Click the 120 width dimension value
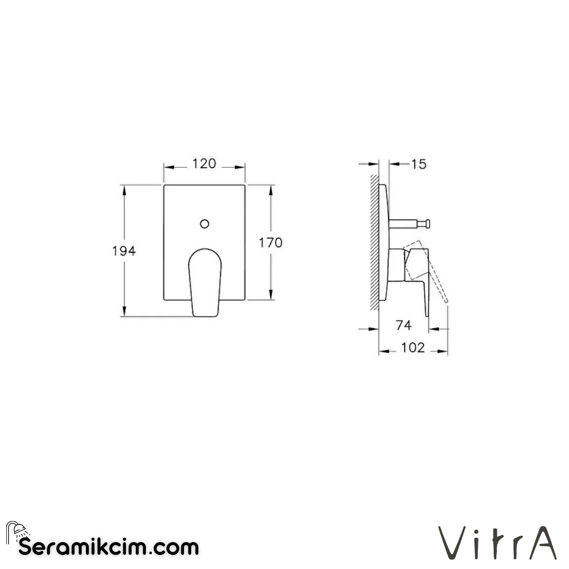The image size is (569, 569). coord(204,164)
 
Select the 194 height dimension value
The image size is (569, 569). coord(124,251)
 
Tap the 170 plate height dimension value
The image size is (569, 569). coord(270,243)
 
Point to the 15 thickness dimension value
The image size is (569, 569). coord(418,164)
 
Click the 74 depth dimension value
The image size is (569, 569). coord(403,326)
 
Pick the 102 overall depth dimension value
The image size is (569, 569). coord(413,348)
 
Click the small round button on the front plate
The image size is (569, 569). coord(204,223)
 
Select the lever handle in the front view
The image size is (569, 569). coord(205,282)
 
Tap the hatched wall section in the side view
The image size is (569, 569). coord(374,242)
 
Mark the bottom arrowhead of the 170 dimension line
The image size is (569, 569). coord(271,296)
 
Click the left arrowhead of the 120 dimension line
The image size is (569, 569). coord(168,166)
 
